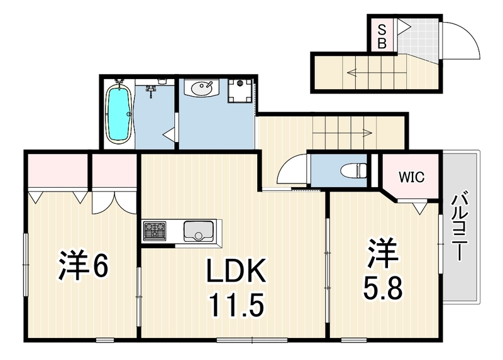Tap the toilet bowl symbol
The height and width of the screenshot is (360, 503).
(355, 170)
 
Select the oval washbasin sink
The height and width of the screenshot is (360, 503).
(202, 88)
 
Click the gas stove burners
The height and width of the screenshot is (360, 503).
(155, 231)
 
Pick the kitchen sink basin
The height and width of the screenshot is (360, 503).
(198, 231)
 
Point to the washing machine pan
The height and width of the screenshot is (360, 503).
(240, 90)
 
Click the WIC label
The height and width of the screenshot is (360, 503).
(412, 177)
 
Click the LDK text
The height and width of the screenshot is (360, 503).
(236, 271)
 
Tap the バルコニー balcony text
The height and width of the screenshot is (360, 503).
(460, 226)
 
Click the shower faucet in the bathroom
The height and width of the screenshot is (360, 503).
(150, 90)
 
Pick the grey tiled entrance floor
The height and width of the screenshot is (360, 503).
(419, 39)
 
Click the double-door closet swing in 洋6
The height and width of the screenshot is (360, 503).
(114, 202)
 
